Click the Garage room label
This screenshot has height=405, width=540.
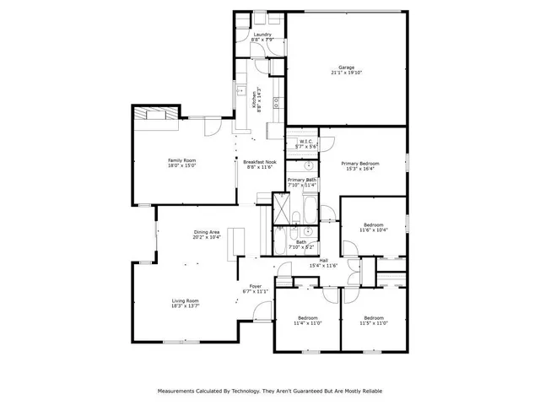[347, 67]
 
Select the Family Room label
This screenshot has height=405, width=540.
[181, 160]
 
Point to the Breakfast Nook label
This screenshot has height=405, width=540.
[260, 161]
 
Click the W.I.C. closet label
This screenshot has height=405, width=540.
[305, 141]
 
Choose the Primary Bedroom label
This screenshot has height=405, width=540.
[360, 163]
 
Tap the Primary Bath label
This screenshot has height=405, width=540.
[301, 180]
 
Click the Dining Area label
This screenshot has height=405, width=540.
[207, 232]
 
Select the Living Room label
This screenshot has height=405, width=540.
[186, 300]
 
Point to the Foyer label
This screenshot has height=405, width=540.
[255, 286]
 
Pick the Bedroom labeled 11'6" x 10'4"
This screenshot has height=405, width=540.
[373, 225]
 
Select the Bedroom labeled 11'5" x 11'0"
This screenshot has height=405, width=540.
[373, 318]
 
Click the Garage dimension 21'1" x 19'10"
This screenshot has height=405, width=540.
[347, 73]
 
